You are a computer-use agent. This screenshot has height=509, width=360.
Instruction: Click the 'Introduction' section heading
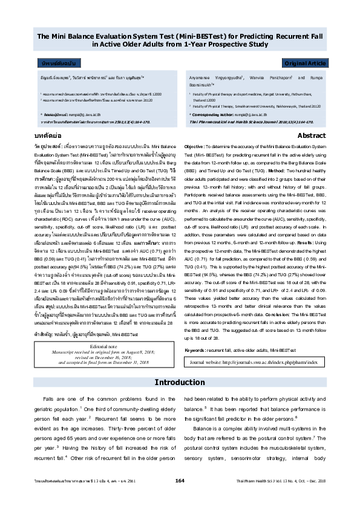pyautogui.click(x=180, y=365)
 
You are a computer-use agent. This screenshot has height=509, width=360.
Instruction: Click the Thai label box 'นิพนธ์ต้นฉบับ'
pyautogui.click(x=57, y=63)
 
